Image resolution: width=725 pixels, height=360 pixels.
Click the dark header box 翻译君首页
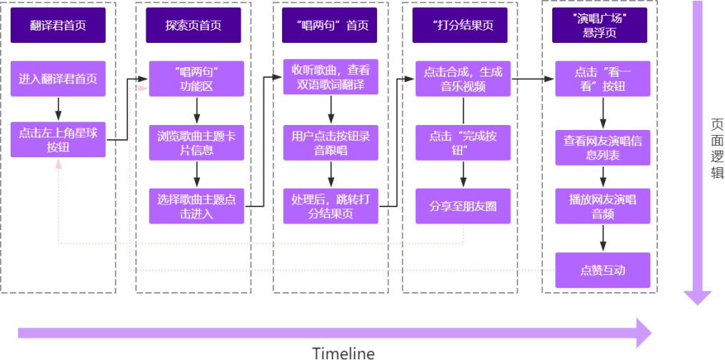(58, 25)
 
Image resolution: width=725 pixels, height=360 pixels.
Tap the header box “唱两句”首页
(330, 25)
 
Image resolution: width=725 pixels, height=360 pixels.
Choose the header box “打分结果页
(463, 25)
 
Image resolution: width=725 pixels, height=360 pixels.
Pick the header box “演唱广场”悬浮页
(601, 25)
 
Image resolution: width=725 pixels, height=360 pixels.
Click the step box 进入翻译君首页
(58, 79)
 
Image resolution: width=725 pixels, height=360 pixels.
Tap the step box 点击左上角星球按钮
(58, 140)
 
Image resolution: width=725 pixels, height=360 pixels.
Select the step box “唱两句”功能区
(196, 79)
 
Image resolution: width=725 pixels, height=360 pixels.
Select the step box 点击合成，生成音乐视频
(463, 79)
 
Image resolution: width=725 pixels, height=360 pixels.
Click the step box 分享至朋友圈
(463, 206)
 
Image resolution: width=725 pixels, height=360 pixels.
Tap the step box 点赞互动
(603, 271)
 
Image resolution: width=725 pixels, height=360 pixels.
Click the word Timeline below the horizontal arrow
(343, 352)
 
